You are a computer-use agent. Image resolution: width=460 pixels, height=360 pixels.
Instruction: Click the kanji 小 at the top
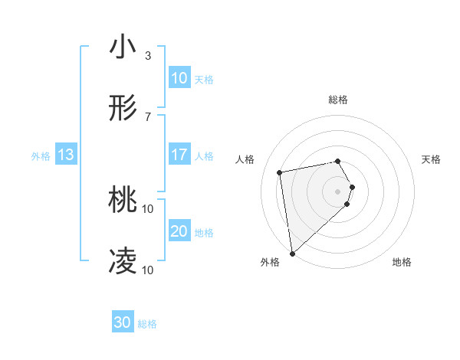(123, 47)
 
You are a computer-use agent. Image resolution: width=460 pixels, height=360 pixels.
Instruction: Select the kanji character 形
(123, 110)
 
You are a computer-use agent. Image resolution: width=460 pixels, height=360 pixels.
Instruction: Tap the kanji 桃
(123, 201)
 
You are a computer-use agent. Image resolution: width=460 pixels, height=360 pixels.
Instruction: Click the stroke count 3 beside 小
(147, 55)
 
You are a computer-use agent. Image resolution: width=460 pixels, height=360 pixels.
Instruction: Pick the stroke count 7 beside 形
(147, 116)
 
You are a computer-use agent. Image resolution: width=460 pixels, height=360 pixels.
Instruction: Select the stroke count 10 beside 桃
(148, 208)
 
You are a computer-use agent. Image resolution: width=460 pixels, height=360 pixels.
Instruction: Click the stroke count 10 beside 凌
(148, 270)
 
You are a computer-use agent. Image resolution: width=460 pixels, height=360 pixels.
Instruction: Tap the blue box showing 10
(179, 78)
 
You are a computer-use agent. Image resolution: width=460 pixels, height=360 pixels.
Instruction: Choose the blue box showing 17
(179, 155)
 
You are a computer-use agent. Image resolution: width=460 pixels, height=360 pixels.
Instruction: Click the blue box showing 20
(179, 231)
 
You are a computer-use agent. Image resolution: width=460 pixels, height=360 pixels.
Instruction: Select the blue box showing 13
(66, 155)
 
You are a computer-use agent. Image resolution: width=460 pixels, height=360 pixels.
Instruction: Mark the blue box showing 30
(122, 323)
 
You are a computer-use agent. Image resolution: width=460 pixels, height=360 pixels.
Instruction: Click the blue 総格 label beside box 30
(147, 324)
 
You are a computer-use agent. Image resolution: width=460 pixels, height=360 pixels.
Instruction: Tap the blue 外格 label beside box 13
(41, 156)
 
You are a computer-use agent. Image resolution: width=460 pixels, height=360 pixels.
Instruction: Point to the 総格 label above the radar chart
(338, 100)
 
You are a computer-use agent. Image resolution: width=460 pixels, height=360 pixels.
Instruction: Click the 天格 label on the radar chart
(432, 159)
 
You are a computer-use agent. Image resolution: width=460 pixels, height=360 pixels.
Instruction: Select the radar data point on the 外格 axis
(291, 254)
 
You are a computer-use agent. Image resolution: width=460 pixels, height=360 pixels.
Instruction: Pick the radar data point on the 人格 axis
(280, 172)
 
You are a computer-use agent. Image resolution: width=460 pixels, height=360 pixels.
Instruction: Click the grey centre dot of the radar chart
(338, 191)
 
